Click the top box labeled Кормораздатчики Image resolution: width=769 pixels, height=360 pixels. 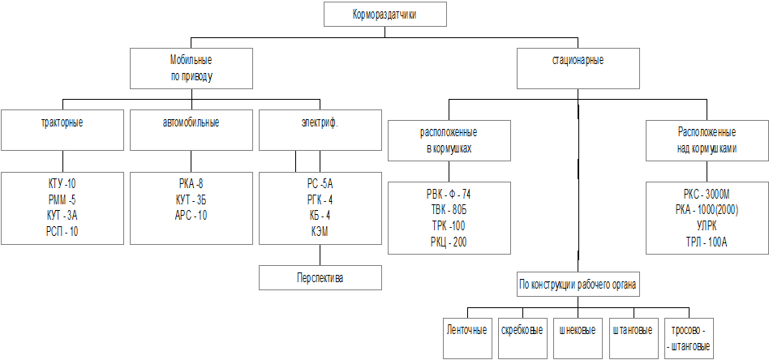coord(385,15)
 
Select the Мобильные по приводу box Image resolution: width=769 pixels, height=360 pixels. coord(191,68)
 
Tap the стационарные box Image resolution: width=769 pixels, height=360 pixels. coord(578,67)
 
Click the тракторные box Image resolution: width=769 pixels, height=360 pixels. coord(62,129)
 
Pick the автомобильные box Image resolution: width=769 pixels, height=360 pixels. coord(191,129)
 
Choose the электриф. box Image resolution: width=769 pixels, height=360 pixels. coord(319,129)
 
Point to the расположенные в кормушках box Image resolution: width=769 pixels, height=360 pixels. coord(449,140)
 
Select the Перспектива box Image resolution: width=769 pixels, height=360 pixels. coord(320,278)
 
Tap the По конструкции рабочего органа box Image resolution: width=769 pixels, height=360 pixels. coord(578,285)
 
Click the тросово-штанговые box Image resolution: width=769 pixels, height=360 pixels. coord(688,336)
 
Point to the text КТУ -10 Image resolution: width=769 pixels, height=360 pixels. coord(62,184)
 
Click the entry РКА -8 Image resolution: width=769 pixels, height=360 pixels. coord(191,184)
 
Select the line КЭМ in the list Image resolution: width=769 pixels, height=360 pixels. coord(319,232)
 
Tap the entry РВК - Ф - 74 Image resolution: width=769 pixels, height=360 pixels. coord(449,194)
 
